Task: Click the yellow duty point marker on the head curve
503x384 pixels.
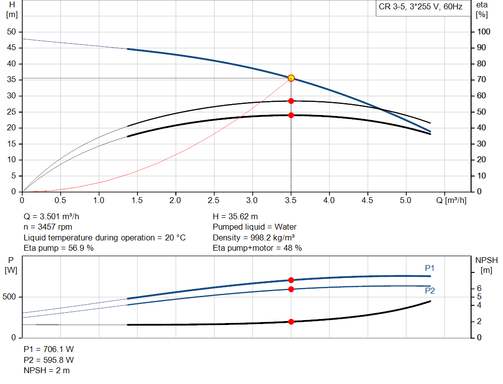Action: click(291, 78)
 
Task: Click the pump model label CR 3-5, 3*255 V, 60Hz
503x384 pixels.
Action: click(420, 7)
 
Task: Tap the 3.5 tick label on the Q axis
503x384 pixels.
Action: click(291, 200)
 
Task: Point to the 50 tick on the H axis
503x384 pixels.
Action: click(11, 32)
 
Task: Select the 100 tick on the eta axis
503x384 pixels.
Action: click(483, 32)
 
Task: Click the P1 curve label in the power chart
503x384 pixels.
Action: click(430, 268)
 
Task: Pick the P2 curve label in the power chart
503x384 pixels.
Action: click(430, 291)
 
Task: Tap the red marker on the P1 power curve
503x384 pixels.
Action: click(291, 280)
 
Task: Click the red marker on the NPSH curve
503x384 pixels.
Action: click(291, 322)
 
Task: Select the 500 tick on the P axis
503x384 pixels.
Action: click(11, 297)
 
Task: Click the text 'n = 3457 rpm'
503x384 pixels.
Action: click(49, 227)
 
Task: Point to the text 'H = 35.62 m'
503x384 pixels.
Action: click(235, 216)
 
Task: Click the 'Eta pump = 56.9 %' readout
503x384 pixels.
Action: click(59, 248)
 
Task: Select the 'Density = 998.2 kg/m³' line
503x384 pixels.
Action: click(253, 237)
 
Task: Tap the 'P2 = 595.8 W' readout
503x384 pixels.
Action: click(49, 359)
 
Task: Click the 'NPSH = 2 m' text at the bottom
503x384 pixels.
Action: click(47, 370)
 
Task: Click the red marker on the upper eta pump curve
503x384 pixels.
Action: click(291, 101)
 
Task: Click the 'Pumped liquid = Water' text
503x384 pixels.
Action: click(254, 227)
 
